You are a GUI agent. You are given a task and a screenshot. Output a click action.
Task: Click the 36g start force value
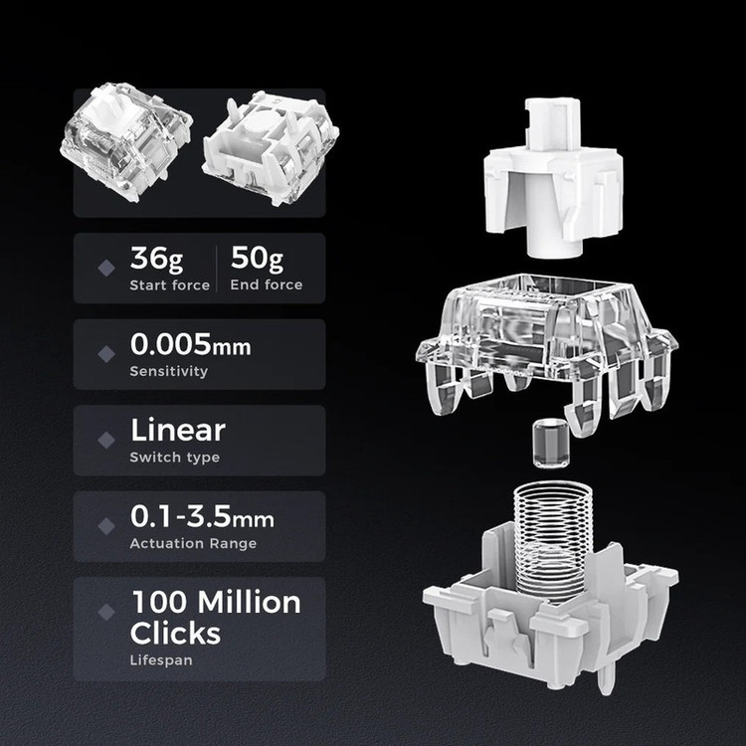coord(156,259)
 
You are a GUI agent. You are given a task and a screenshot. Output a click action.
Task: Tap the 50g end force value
coord(257,259)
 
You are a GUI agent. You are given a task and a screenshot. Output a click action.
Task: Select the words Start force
coord(170,285)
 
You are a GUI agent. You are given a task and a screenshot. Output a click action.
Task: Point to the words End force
coord(267,284)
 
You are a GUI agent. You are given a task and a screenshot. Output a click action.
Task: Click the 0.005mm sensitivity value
coord(191,344)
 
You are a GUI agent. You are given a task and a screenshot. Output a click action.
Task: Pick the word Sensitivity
coord(169,371)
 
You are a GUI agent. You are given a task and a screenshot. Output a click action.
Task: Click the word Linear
coord(178,430)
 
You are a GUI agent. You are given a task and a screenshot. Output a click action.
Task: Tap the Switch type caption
coord(175,458)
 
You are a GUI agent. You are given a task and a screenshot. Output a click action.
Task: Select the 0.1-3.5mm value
coord(202,516)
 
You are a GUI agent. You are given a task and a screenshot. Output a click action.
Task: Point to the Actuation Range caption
coord(193,543)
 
